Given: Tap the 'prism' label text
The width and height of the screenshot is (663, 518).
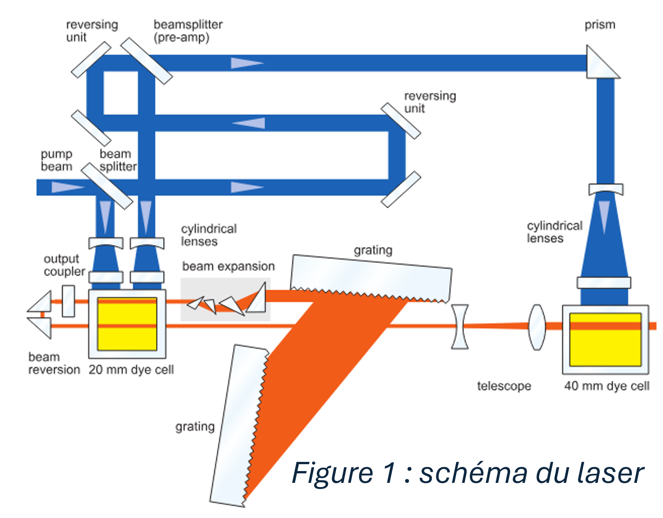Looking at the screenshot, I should click(x=600, y=25).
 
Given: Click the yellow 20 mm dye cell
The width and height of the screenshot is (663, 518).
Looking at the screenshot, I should click(x=127, y=324).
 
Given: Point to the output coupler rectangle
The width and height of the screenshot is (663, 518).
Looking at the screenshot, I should click(x=68, y=301).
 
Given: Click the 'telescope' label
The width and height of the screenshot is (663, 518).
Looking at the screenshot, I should click(x=504, y=386).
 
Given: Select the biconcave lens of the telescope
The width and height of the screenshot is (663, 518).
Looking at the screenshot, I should click(x=460, y=327).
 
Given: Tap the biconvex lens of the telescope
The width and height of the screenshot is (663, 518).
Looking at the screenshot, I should click(x=537, y=327).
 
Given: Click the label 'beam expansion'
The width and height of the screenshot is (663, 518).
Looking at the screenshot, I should click(x=228, y=266).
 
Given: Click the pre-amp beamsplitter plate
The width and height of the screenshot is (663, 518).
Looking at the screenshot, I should click(x=147, y=61).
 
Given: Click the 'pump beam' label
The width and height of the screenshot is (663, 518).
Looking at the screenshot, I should click(x=57, y=160).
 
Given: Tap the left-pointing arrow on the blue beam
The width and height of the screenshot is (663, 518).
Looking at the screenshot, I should click(x=249, y=123).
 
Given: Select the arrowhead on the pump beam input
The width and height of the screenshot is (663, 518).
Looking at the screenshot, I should click(x=67, y=187).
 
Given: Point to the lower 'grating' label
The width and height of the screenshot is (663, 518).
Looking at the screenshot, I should click(x=195, y=426).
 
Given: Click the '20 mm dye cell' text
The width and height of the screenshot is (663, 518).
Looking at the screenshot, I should click(x=131, y=370).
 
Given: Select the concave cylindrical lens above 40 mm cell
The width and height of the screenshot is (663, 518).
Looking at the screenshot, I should click(x=606, y=189).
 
